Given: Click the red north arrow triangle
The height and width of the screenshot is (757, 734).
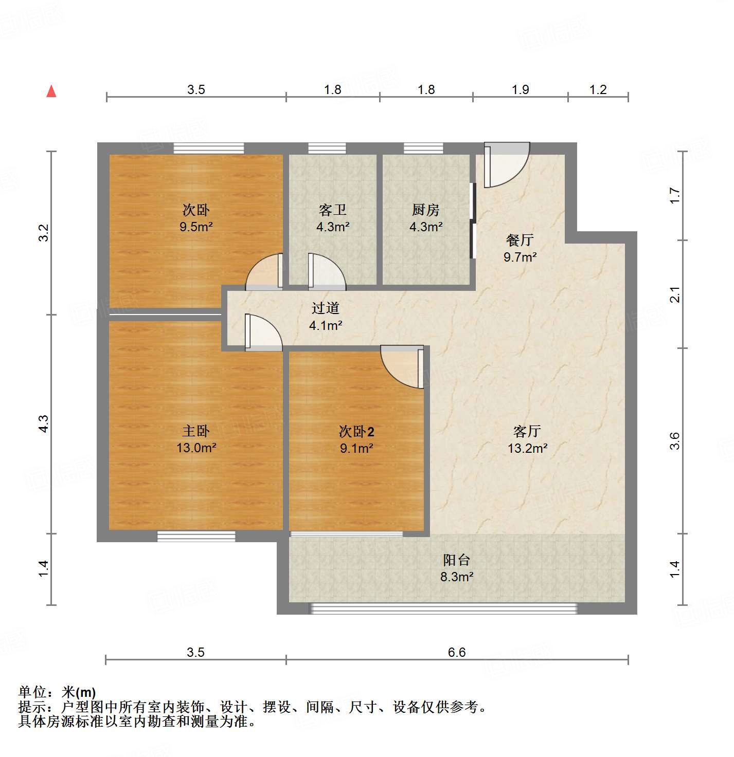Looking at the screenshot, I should pyautogui.click(x=51, y=91).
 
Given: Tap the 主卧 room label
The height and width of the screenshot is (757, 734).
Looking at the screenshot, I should pyautogui.click(x=196, y=431).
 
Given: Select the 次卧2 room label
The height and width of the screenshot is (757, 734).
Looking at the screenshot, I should pyautogui.click(x=356, y=431).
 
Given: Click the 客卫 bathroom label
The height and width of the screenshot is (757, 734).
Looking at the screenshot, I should pyautogui.click(x=333, y=210).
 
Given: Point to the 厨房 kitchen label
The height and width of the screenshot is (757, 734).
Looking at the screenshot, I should pyautogui.click(x=426, y=210).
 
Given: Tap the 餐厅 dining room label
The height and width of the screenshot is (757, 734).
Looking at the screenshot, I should pyautogui.click(x=520, y=240).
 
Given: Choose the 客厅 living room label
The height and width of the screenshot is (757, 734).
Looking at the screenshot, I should pyautogui.click(x=527, y=431).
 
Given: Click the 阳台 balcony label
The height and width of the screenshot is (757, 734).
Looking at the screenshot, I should pyautogui.click(x=457, y=560).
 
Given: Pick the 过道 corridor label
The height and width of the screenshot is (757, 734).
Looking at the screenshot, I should pyautogui.click(x=326, y=308).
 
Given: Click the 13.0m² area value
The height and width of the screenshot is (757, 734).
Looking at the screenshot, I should pyautogui.click(x=196, y=448).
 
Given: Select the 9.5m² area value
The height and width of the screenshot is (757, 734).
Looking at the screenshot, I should pyautogui.click(x=196, y=227).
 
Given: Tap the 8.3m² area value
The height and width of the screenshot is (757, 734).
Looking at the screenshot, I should pyautogui.click(x=457, y=577).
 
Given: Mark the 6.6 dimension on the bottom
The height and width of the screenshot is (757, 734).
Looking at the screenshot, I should pyautogui.click(x=457, y=652).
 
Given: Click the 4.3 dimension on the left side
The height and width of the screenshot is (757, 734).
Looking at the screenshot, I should pyautogui.click(x=44, y=423).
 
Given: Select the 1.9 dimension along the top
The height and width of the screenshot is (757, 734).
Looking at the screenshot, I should pyautogui.click(x=520, y=90).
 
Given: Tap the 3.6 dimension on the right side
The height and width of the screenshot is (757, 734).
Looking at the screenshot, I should pyautogui.click(x=675, y=441).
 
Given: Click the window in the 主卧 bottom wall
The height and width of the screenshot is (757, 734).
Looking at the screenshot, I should pyautogui.click(x=196, y=536).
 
